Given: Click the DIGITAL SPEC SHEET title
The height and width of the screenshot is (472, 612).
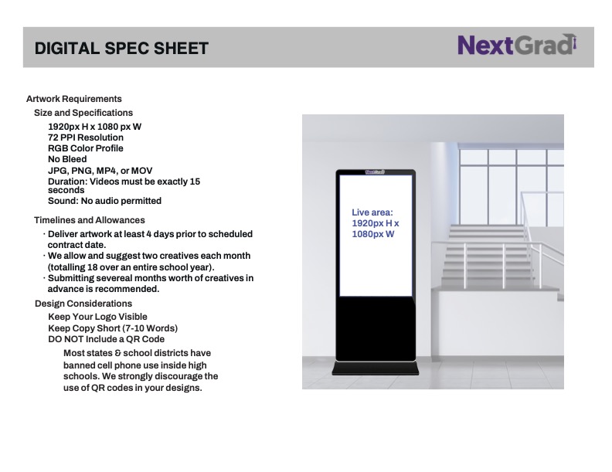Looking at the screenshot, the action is coord(121,49).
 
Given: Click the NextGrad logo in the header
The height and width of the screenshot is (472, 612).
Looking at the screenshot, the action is coord(517,45).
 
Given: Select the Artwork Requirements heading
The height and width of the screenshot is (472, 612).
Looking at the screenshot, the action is coord(73,99).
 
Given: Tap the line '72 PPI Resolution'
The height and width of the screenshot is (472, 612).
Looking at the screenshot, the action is coord(86,138).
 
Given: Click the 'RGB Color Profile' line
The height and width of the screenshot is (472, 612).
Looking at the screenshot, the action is coord(86,148).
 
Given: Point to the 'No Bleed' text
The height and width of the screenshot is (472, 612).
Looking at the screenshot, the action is coord(67,159).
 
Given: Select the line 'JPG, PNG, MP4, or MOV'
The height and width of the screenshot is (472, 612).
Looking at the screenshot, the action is coord(100,171).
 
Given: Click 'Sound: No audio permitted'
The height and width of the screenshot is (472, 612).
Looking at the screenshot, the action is coord(104,201).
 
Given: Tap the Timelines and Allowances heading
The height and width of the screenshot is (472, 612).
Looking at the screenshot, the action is coord(90,220).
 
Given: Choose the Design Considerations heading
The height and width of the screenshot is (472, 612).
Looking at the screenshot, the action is coord(83,304).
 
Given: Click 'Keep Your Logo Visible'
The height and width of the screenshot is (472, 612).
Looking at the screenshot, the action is coord(97,317).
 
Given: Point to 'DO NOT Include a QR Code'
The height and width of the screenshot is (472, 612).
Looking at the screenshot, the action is coord(106,339).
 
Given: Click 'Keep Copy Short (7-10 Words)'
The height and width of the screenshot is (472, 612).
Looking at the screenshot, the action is coord(113,328).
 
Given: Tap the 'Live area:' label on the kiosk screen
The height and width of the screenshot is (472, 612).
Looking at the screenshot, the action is coord(372,212).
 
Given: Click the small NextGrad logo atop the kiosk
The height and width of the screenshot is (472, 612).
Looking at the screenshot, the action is coord(375,172).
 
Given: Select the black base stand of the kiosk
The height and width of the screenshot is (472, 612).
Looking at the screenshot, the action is coord(375,368).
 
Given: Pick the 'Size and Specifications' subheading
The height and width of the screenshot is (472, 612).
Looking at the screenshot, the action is coord(83,113).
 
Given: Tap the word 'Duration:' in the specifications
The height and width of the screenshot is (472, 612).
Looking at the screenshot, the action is coord(68,182).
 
